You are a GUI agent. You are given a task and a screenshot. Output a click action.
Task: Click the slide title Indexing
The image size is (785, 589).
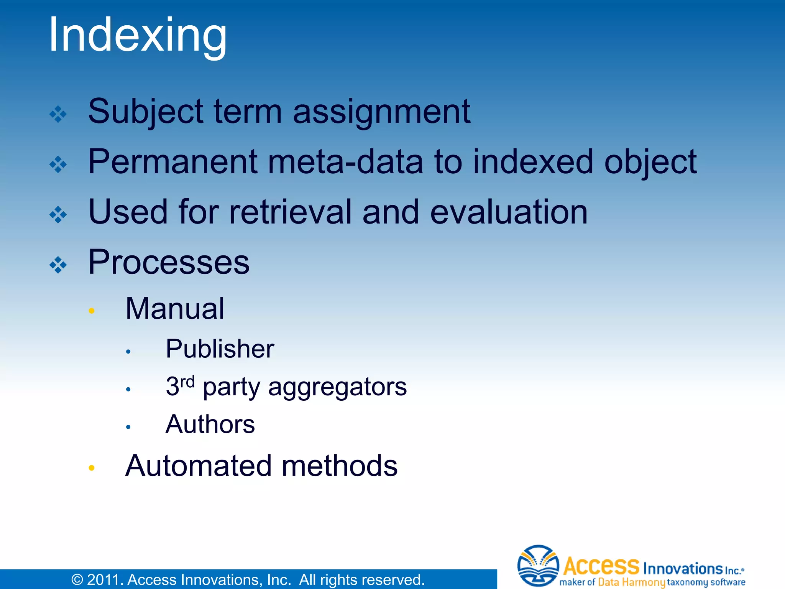[x=138, y=35]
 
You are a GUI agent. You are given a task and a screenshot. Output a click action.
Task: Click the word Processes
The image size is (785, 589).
[x=169, y=262]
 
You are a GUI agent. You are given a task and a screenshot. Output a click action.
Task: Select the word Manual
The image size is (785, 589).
[x=175, y=309]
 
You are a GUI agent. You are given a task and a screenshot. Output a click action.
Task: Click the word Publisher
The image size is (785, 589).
[x=220, y=349]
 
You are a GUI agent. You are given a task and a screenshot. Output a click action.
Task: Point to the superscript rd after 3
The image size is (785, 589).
[x=187, y=382]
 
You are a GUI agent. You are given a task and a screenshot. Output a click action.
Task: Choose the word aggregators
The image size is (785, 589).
[x=337, y=387]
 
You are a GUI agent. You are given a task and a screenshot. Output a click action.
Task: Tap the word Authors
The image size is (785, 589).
[x=210, y=424]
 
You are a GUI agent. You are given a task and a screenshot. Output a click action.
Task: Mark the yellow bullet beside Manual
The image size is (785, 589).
[x=91, y=311]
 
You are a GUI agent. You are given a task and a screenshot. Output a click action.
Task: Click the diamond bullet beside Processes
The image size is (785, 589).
[x=58, y=265]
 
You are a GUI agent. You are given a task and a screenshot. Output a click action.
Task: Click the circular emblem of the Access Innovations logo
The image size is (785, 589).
[x=538, y=566]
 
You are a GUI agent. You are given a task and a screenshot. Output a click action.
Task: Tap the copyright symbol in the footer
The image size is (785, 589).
[x=77, y=580]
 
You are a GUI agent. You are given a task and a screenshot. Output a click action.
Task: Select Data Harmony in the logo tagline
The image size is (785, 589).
[x=631, y=582]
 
